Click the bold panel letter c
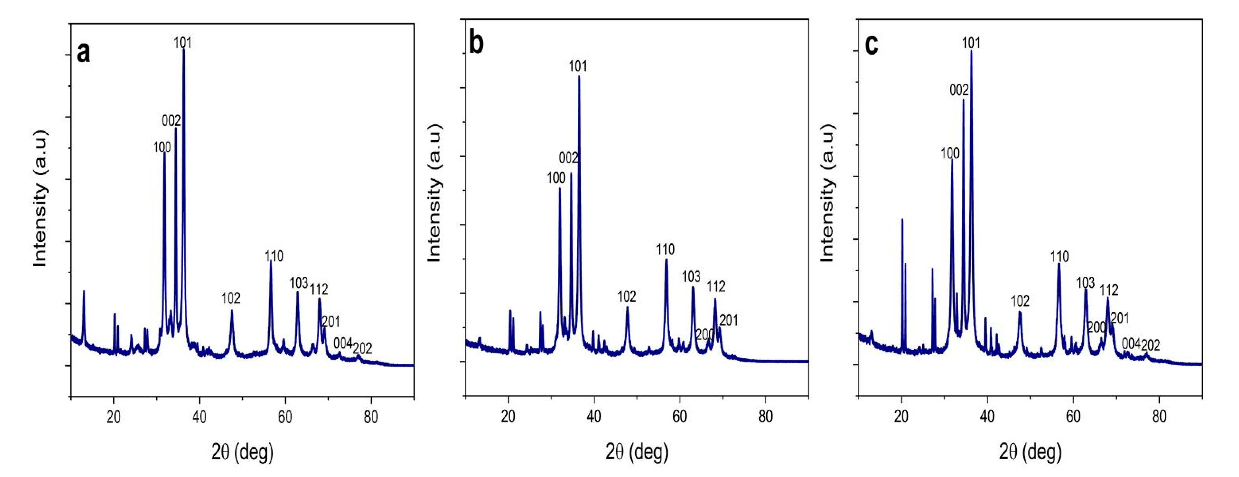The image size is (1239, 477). coord(871,45)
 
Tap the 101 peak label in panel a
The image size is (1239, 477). coord(183,43)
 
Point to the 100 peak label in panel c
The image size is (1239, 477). coord(950,154)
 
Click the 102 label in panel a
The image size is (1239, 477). coord(231,299)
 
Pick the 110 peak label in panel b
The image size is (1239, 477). coord(665,249)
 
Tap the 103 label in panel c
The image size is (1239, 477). coord(1086,283)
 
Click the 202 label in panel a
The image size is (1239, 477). coord(362,348)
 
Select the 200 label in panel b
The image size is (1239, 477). coord(705,334)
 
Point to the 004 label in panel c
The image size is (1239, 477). coord(1131,343)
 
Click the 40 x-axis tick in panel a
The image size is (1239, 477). coord(199,417)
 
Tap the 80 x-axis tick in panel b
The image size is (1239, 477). coord(765,417)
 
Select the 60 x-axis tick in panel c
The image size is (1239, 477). coord(1073,417)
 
